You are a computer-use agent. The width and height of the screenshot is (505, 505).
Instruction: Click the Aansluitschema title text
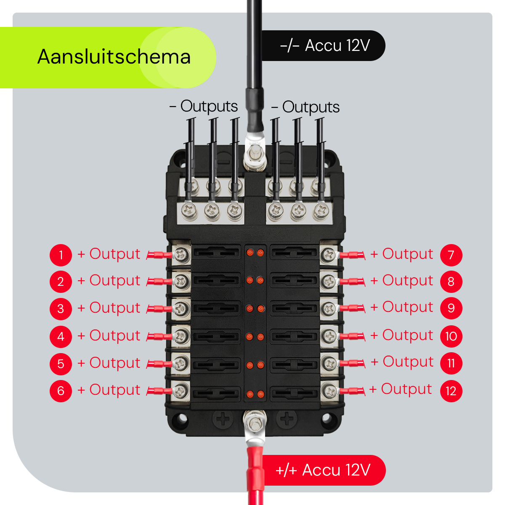tap(114, 57)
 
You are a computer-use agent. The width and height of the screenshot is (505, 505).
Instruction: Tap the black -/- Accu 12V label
tap(324, 45)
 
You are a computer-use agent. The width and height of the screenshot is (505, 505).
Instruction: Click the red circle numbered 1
tap(61, 255)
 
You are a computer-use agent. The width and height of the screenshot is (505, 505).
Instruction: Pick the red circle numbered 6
tap(61, 391)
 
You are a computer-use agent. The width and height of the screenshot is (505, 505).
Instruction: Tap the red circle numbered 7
tap(451, 255)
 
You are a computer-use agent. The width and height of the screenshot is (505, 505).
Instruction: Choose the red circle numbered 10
tap(451, 336)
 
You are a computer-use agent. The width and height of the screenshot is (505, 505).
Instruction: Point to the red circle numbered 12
tap(451, 391)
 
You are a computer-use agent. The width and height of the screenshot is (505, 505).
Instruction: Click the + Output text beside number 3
tap(109, 308)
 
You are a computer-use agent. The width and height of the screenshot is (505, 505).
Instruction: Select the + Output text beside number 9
tap(402, 307)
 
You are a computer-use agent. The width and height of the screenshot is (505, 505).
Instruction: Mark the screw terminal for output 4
tap(181, 336)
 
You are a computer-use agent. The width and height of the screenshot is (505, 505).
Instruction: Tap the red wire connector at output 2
tap(160, 282)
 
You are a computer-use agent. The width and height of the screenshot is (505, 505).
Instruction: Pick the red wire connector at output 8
tap(352, 281)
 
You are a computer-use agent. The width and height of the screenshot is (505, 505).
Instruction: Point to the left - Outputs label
tap(204, 106)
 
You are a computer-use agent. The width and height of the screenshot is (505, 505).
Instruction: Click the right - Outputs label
tap(306, 107)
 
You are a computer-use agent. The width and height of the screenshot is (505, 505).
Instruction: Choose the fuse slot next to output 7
tap(294, 253)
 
